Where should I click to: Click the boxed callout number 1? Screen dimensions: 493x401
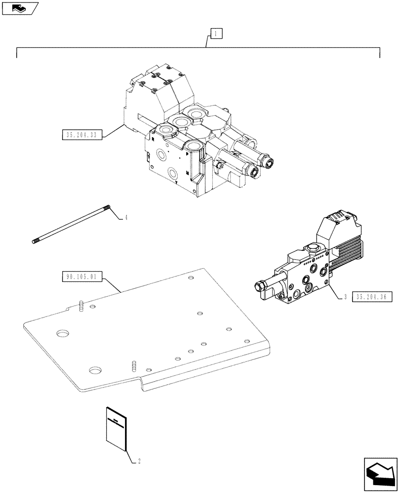(x=217, y=34)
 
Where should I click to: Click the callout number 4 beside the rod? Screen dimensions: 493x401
(x=126, y=217)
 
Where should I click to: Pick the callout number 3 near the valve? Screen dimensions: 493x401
(x=346, y=297)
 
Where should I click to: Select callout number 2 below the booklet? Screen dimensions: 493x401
(x=139, y=461)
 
